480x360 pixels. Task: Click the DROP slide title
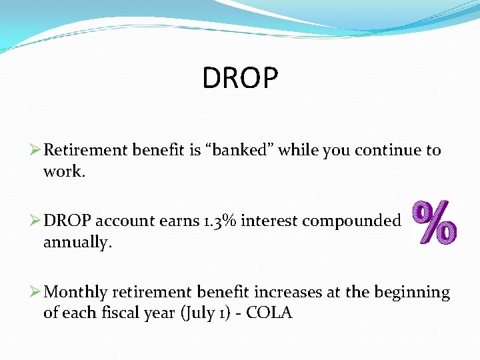coord(240,78)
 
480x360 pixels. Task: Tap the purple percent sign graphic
coord(434,223)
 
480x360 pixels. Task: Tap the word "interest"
coord(269,221)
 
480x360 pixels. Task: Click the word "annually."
coord(77,243)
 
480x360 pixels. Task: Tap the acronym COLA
coord(269,313)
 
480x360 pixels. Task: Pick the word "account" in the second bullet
coord(129,221)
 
